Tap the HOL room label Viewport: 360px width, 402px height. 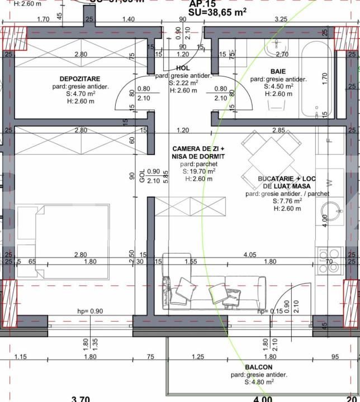coord(183,68)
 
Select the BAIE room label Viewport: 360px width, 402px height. coord(278,71)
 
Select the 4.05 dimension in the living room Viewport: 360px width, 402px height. coord(250,255)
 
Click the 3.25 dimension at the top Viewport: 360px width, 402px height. coord(281,19)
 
